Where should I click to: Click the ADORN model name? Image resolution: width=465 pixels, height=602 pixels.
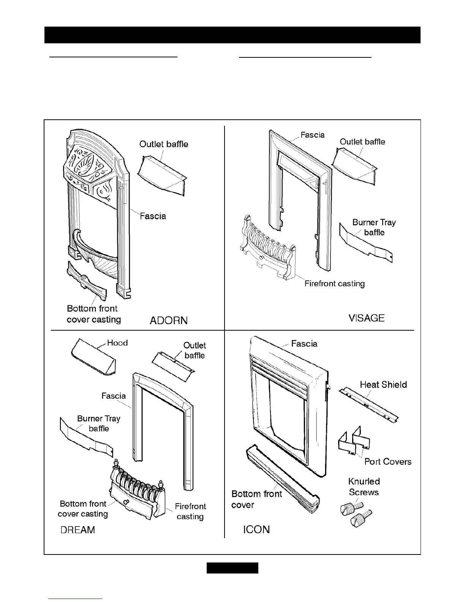coord(169,320)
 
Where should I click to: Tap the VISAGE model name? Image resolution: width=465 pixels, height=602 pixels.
coord(367,318)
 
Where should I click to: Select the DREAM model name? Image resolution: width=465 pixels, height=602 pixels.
coord(78,530)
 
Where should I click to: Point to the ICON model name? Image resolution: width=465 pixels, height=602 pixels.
coord(256,529)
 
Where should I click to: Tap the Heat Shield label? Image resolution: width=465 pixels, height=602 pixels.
coord(383,385)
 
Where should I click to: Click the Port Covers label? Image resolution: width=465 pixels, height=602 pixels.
coord(388,461)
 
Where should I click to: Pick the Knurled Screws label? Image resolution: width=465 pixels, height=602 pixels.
coord(364,487)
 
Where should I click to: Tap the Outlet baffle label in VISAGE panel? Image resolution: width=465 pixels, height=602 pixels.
coord(362,142)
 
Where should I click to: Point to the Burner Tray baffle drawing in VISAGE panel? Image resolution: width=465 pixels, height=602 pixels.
coord(365,244)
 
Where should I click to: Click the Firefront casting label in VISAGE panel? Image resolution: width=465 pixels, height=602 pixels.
coord(334,284)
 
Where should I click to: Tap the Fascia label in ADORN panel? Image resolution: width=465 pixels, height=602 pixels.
coord(153,216)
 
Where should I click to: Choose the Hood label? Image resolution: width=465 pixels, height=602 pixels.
coord(117,343)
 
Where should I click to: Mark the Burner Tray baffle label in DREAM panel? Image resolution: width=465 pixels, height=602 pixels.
coord(99,423)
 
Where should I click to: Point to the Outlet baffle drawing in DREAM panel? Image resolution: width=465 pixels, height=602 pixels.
coord(173,363)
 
